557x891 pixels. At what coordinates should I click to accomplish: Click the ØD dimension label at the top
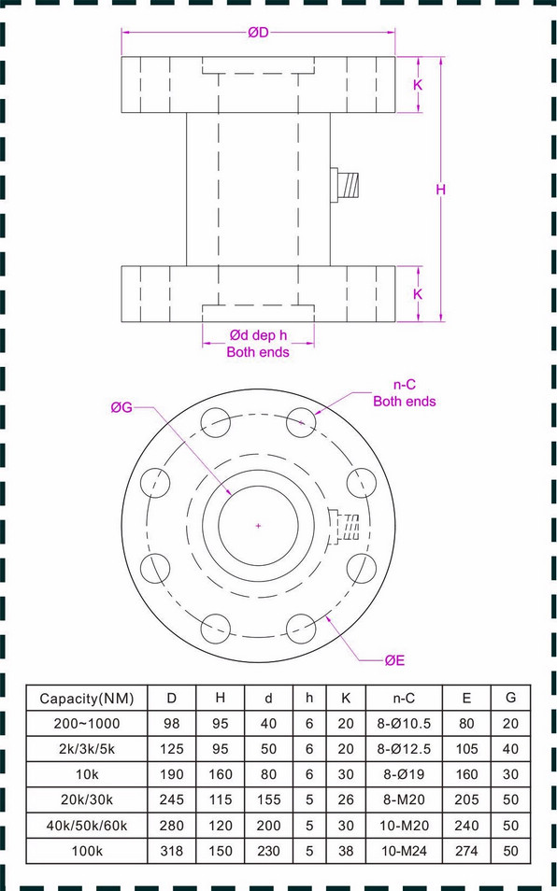pos(258,33)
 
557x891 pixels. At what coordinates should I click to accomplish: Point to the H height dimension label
pos(441,190)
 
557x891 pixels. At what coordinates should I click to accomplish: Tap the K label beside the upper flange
pos(418,85)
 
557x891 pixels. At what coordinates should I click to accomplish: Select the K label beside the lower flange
pos(418,293)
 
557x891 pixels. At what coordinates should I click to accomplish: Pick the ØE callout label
pos(394,660)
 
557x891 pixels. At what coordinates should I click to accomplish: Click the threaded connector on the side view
pos(347,184)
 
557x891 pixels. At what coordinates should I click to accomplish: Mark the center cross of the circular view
pos(258,526)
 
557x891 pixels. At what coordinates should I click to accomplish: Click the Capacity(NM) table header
pos(87,698)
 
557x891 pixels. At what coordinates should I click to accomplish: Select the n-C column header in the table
pos(404,698)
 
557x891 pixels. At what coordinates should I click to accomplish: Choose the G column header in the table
pos(510,698)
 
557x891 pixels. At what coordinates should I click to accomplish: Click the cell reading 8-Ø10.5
pos(404,724)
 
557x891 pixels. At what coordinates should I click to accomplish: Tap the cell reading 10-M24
pos(404,852)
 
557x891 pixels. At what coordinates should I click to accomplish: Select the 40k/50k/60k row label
pos(87,826)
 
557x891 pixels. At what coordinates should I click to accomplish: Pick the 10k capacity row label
pos(87,774)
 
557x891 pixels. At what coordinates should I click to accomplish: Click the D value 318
pos(172,852)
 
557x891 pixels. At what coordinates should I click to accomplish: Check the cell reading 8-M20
pos(404,800)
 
